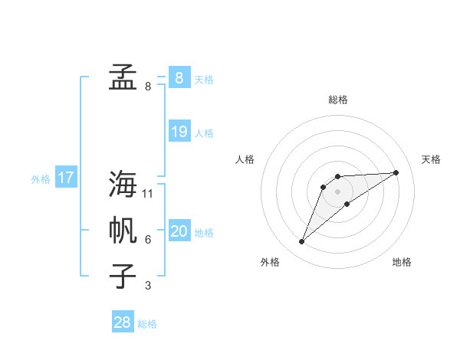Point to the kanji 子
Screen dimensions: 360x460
(x=123, y=276)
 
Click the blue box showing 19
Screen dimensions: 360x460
(x=179, y=132)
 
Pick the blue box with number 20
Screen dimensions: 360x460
(x=179, y=231)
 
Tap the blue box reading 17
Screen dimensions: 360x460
(x=66, y=178)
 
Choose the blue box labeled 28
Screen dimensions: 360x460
(x=123, y=322)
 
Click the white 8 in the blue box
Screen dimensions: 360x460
(x=179, y=77)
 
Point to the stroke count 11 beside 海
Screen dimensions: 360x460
(x=148, y=194)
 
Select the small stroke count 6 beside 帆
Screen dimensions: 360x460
(x=148, y=240)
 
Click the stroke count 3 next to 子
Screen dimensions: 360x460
(x=148, y=286)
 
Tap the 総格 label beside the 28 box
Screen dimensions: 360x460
(x=147, y=324)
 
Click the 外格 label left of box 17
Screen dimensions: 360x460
(x=41, y=179)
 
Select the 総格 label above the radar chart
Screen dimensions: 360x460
(x=338, y=100)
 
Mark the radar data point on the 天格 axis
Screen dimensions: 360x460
(x=396, y=172)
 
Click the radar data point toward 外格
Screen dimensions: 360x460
(x=302, y=242)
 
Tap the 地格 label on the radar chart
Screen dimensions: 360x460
(x=402, y=262)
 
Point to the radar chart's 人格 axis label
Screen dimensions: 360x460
(x=245, y=159)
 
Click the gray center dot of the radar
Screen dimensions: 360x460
(x=338, y=191)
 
